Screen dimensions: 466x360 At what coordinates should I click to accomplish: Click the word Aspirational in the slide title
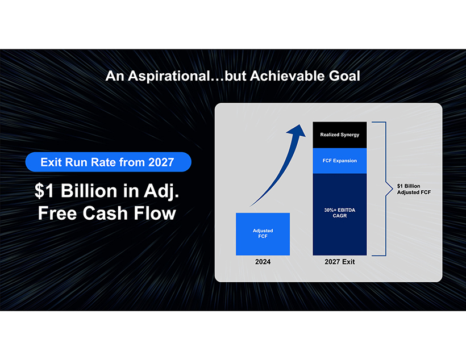(169, 76)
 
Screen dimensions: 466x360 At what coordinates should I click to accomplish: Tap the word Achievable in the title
(288, 76)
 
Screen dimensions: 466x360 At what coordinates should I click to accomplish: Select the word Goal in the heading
(344, 76)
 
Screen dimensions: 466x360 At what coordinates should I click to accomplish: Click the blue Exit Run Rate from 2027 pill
(108, 162)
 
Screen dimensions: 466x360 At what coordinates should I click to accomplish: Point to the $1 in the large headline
(44, 190)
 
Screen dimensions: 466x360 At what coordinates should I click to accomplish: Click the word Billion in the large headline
(89, 190)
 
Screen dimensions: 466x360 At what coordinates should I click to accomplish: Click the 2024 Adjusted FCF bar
(263, 234)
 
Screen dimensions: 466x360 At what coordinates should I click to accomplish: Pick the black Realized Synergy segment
(340, 135)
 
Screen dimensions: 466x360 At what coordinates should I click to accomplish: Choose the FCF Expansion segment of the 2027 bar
(340, 161)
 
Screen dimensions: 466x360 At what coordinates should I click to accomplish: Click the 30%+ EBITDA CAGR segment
(340, 215)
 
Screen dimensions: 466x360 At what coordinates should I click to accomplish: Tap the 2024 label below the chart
(263, 262)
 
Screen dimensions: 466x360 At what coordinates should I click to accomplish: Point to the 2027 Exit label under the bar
(340, 262)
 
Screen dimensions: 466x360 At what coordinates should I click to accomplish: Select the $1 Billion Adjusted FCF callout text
(414, 189)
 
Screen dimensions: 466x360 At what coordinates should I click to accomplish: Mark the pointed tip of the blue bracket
(393, 189)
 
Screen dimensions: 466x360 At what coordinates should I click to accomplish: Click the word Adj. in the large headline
(161, 191)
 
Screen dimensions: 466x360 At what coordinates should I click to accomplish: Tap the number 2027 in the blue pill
(161, 162)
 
